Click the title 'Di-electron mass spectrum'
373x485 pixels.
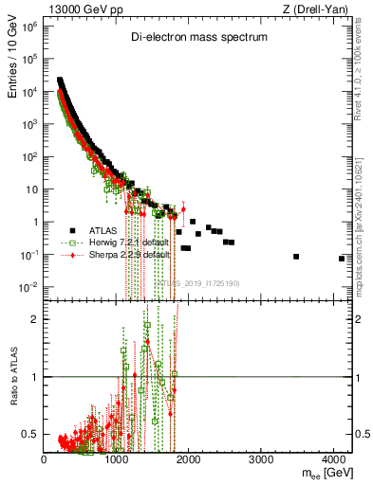[199, 37]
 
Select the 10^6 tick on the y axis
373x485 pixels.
[31, 26]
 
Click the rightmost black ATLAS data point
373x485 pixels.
[342, 258]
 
